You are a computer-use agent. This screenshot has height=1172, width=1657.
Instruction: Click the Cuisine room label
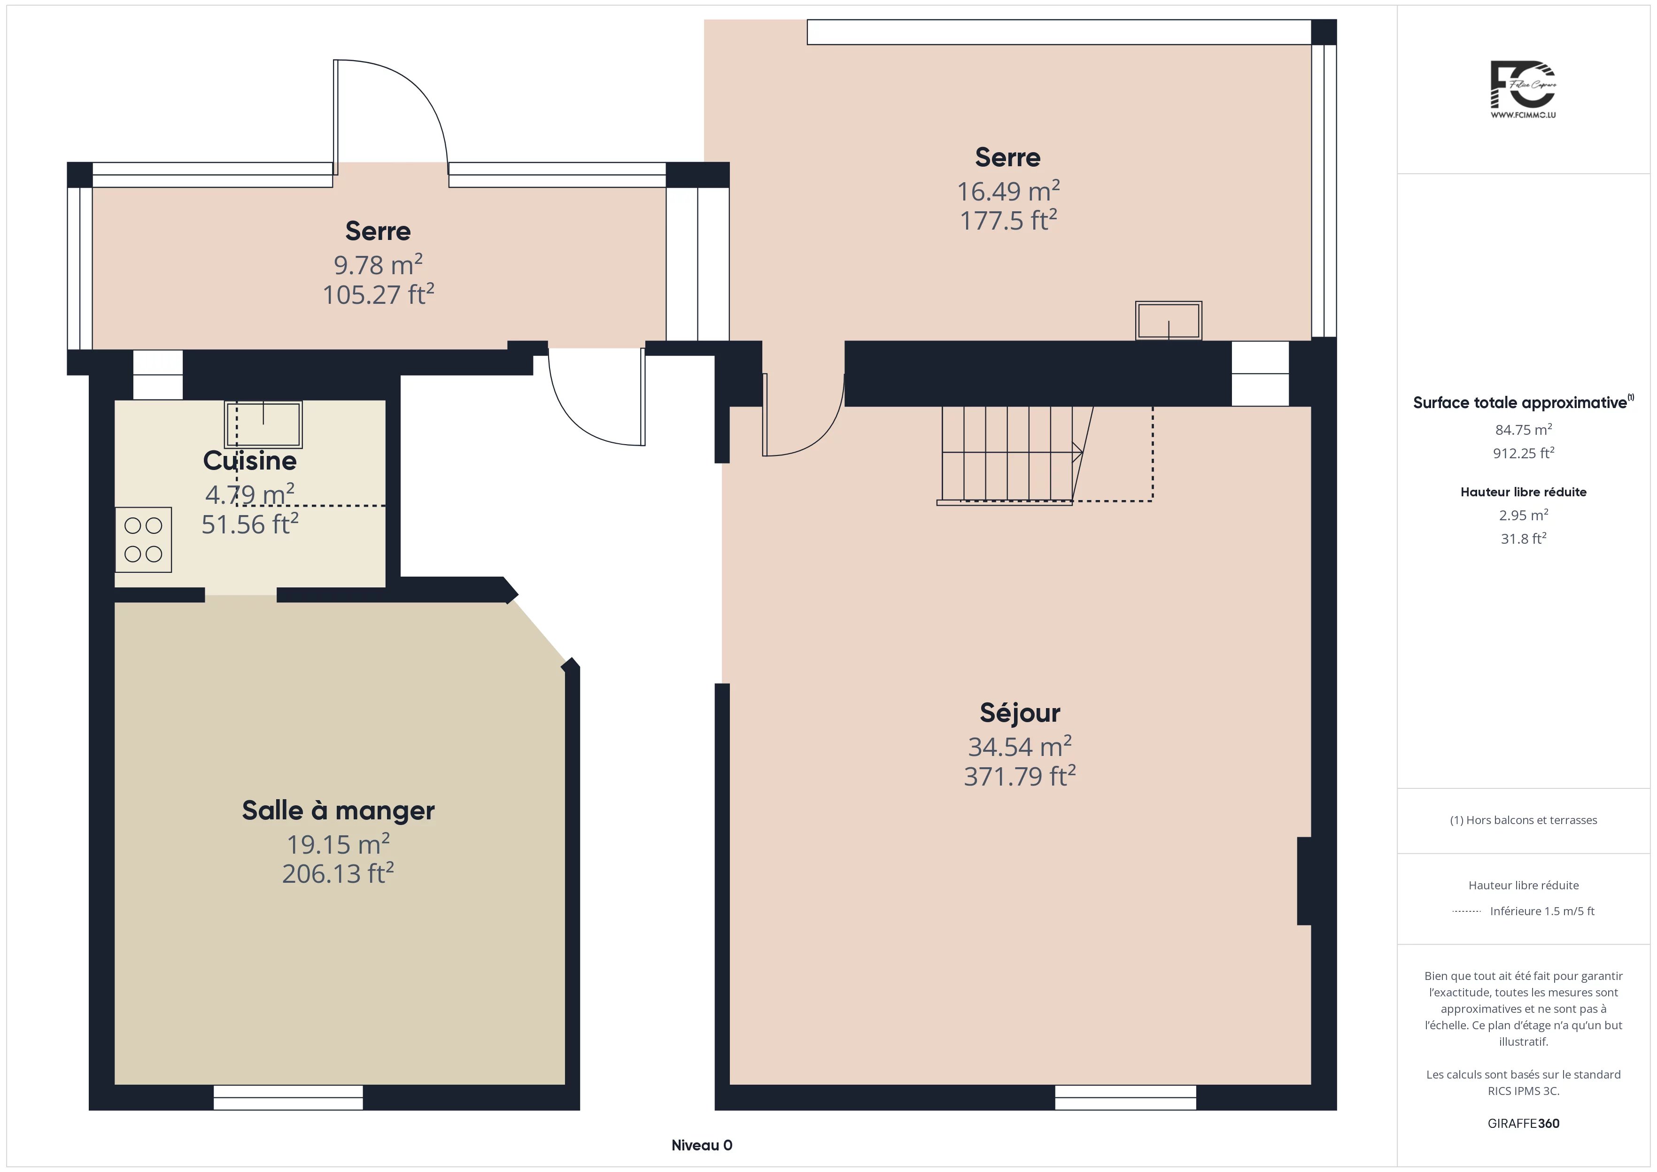250,461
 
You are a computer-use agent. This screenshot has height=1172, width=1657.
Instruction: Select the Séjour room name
1020,713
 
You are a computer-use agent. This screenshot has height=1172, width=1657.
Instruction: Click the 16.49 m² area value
1008,191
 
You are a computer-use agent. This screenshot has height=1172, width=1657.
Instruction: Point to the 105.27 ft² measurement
378,294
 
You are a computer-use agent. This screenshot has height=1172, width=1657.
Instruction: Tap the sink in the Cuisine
263,425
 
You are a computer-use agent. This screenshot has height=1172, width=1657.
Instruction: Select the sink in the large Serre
1169,320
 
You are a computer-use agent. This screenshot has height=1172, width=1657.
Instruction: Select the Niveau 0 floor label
702,1145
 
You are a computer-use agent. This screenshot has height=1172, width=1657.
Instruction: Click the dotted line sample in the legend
1466,911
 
